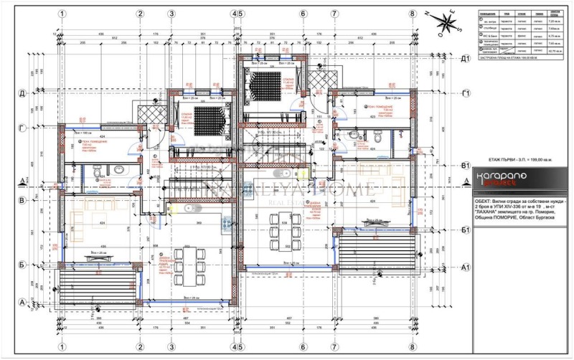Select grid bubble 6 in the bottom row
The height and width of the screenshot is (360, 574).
point(303,346)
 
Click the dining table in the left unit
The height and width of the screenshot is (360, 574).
point(189,267)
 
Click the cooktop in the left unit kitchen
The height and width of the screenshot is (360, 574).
point(227,224)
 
